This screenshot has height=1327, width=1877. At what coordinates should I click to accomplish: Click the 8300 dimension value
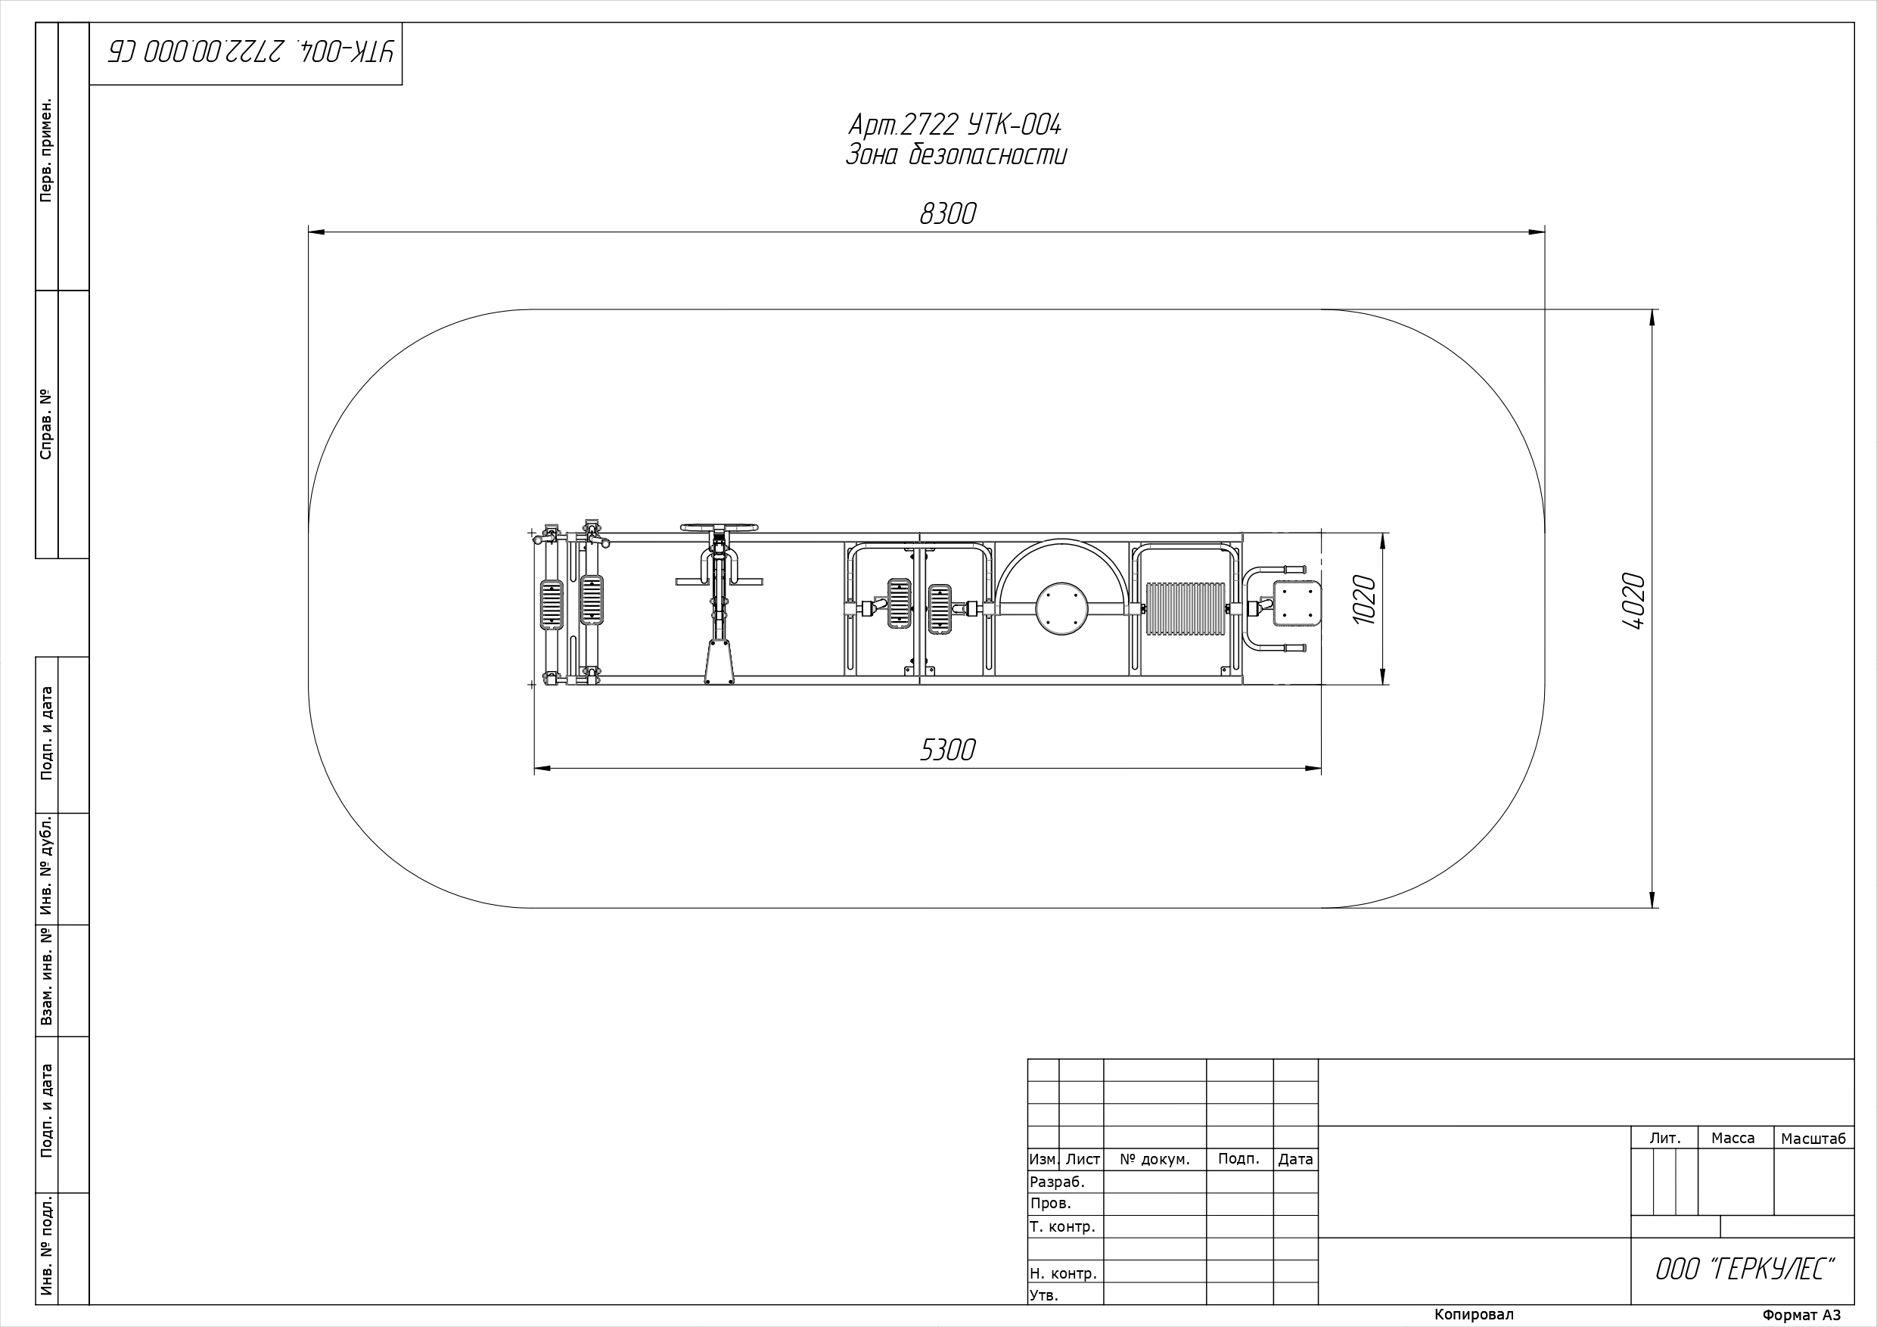pos(947,213)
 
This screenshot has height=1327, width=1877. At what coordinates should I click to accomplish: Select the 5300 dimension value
pos(947,750)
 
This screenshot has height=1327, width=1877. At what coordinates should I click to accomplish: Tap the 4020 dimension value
pos(1633,601)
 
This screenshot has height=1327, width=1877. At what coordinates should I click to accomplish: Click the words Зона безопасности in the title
pos(956,154)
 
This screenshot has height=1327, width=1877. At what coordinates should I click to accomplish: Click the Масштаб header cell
pos(1813,1139)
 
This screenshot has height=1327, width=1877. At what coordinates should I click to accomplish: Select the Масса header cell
pos(1733,1138)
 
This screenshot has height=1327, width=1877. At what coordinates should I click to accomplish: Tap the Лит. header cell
pos(1665,1138)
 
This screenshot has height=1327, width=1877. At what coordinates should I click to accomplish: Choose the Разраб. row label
pos(1057,1182)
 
